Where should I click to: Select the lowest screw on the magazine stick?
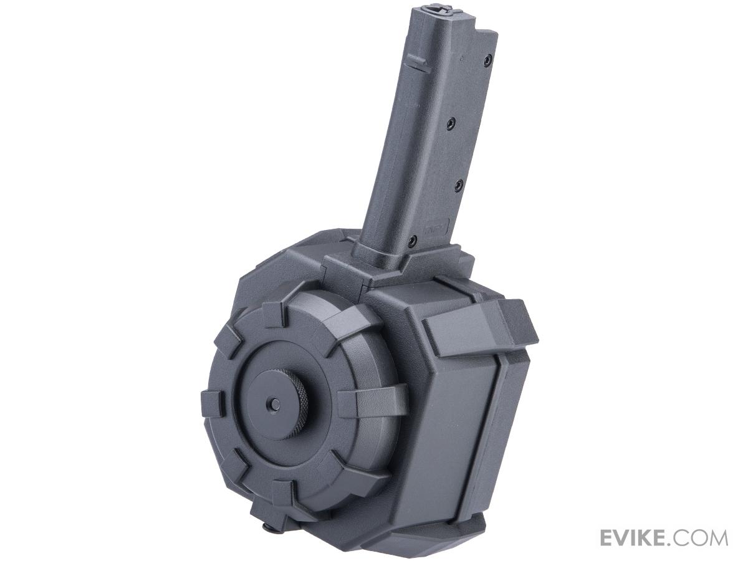click(413, 239)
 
